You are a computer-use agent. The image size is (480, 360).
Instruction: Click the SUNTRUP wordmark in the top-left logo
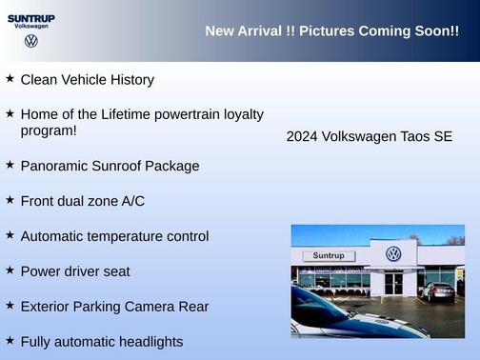coord(31,17)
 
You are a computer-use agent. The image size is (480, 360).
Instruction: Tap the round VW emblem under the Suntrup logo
coord(31,42)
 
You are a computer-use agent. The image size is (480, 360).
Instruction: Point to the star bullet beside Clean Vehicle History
coord(10,79)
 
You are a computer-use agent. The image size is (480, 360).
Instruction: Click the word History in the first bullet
coord(130,80)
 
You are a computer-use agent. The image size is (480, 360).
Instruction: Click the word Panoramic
coord(54,166)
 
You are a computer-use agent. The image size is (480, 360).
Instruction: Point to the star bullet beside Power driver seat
coord(10,270)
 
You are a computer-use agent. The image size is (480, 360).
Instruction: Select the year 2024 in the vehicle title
coord(302,137)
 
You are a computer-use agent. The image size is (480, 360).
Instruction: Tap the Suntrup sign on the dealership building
coord(328,255)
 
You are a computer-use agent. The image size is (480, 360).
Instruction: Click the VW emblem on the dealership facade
coord(393,254)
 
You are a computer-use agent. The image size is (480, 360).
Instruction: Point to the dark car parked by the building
coord(439,291)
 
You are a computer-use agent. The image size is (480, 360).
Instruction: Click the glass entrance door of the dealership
coord(393,283)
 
